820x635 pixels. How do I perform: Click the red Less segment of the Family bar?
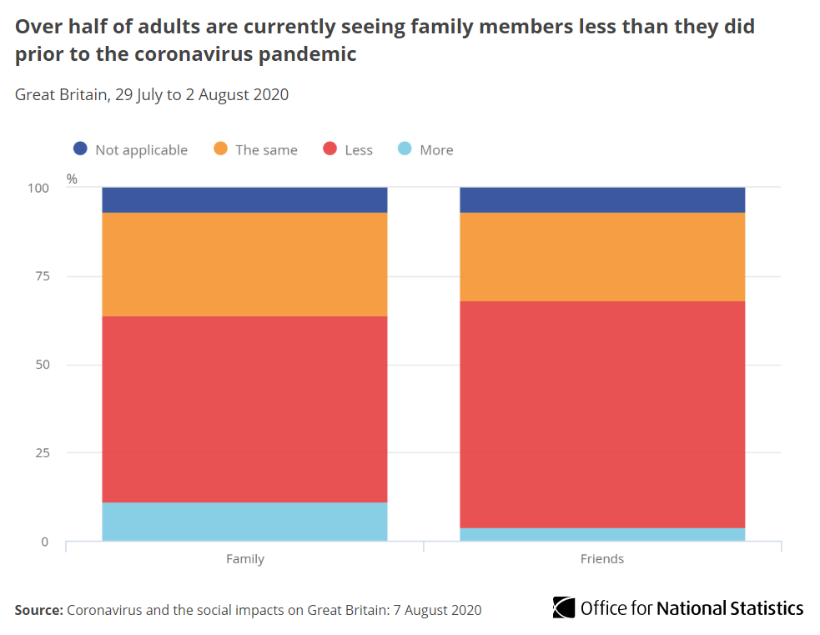coord(244,409)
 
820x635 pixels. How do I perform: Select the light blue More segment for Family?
coord(244,522)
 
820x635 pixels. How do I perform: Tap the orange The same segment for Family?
coord(244,265)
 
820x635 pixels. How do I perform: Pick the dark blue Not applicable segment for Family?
coord(244,200)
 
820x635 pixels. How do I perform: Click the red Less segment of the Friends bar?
coord(602,414)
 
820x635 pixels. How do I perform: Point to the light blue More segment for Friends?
coord(602,534)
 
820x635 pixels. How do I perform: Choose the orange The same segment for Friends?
coord(602,257)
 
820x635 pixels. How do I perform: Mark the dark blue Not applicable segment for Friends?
coord(602,200)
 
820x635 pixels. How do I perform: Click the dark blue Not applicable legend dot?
coord(80,149)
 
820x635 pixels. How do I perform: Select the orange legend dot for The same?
coord(220,149)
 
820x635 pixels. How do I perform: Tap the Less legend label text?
coord(358,150)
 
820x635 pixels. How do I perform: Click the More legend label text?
coord(436,150)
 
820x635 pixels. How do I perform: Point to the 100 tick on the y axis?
coord(38,189)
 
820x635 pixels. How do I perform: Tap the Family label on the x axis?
coord(244,559)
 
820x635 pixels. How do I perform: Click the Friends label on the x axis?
coord(602,559)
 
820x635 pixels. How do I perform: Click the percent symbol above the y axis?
coord(72,179)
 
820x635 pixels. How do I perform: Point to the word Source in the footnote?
coord(38,610)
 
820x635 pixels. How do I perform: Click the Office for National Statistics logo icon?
coord(564,607)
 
